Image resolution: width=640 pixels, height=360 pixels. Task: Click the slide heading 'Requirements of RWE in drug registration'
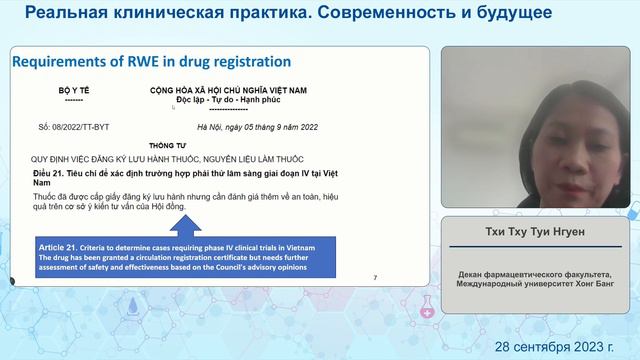click(x=151, y=62)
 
